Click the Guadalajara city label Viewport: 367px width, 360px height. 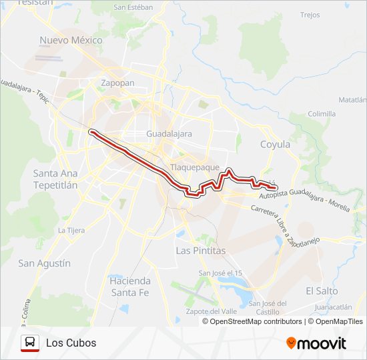tap(169, 134)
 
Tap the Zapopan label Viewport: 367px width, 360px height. tap(117, 83)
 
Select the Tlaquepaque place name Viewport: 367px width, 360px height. tap(195, 167)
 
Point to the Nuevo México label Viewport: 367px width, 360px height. tap(71, 40)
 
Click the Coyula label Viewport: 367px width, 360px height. tap(275, 144)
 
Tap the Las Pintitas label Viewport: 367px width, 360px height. tap(200, 250)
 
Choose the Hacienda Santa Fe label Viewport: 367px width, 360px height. tap(130, 286)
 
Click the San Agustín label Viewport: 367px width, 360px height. tap(44, 263)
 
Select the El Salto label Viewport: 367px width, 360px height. tap(322, 291)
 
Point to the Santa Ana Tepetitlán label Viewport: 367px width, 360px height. tap(55, 179)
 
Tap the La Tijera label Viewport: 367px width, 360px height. tap(71, 230)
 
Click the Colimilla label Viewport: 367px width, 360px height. tap(322, 114)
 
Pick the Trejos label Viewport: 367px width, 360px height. tap(310, 15)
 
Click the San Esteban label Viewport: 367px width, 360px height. tap(133, 7)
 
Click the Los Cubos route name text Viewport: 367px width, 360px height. tap(71, 343)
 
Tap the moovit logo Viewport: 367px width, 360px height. tap(316, 343)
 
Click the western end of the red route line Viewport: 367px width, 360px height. tap(91, 131)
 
